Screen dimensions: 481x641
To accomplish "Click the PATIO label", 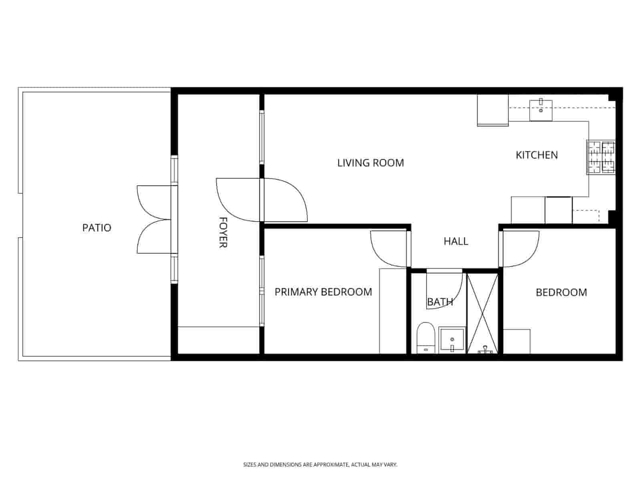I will (97, 228).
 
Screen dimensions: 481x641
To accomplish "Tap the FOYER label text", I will (223, 232).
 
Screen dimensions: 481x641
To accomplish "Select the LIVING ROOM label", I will (371, 163).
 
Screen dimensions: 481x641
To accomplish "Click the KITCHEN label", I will (536, 155).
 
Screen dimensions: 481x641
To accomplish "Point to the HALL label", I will (456, 241).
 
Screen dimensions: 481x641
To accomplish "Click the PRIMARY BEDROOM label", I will (323, 292).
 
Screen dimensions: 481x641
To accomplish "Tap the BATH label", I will (440, 302).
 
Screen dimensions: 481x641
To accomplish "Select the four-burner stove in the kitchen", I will (601, 157).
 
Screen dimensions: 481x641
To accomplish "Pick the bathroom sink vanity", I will (452, 340).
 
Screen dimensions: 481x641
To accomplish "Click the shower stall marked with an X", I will (483, 313).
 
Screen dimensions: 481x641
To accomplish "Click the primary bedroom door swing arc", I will (387, 251).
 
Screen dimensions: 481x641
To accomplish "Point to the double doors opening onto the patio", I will (154, 219).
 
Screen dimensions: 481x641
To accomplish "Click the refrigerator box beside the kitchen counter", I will (493, 110).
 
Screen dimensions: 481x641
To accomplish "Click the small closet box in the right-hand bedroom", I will (517, 341).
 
